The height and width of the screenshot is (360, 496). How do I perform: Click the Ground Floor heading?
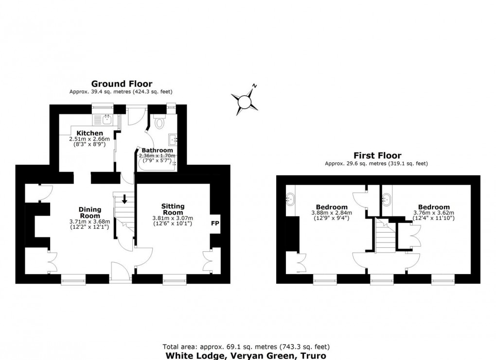[122, 84]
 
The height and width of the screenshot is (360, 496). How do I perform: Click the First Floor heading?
[377, 155]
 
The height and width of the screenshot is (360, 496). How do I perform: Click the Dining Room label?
[90, 212]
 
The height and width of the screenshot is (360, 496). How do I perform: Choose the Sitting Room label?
[173, 209]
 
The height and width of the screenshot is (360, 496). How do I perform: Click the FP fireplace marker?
[214, 223]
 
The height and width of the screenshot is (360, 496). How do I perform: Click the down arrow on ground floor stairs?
[124, 199]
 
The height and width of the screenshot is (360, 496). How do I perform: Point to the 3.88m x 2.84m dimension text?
[332, 212]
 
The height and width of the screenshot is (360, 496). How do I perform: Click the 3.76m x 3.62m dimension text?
[433, 212]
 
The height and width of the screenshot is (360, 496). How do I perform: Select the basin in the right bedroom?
[388, 198]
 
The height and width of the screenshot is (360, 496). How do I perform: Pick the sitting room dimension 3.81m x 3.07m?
[173, 218]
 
